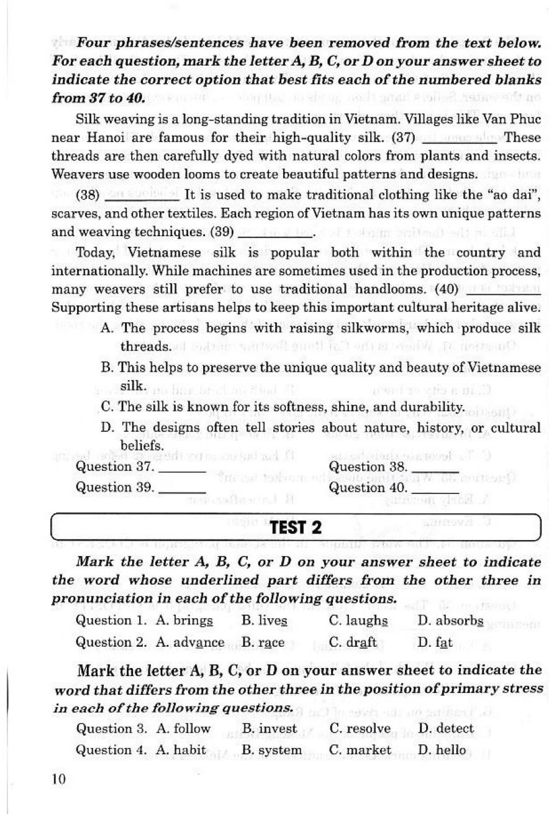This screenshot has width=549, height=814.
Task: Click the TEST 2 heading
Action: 296,528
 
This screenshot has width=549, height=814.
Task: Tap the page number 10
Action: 58,779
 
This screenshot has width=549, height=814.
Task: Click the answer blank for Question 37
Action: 183,468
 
